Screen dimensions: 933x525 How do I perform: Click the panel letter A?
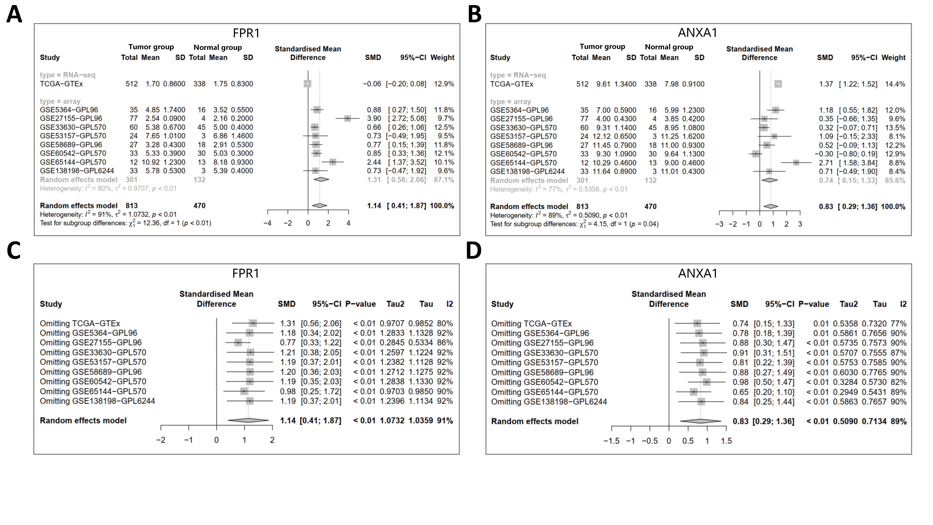[x=14, y=15]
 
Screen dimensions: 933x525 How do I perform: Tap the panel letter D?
[x=474, y=251]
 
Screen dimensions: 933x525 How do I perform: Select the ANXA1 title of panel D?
[x=698, y=273]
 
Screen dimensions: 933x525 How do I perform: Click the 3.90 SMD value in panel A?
[x=374, y=118]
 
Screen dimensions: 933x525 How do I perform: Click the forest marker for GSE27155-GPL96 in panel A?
[x=347, y=118]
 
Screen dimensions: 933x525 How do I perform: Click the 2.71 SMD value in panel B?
[x=826, y=163]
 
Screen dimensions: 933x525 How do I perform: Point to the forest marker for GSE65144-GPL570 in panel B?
[x=796, y=163]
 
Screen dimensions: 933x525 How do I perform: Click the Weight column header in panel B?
[x=894, y=58]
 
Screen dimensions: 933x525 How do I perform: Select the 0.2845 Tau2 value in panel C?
[x=392, y=343]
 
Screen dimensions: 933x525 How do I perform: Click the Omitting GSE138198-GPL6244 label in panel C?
[x=97, y=401]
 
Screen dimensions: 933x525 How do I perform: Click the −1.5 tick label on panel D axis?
[x=612, y=441]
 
